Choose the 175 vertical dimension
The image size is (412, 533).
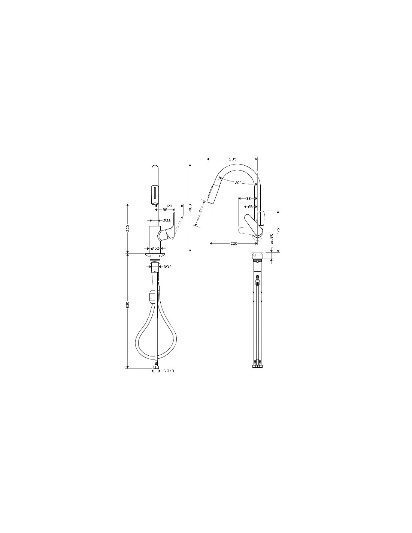(278, 231)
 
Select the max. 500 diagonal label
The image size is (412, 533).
(200, 213)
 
